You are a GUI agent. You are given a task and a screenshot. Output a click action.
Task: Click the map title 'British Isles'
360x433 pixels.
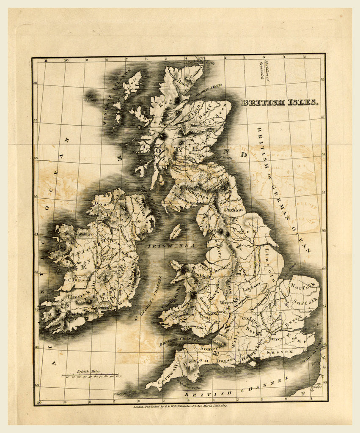pyautogui.click(x=279, y=102)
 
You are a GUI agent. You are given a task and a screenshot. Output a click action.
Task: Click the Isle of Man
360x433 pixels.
pyautogui.click(x=175, y=231)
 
